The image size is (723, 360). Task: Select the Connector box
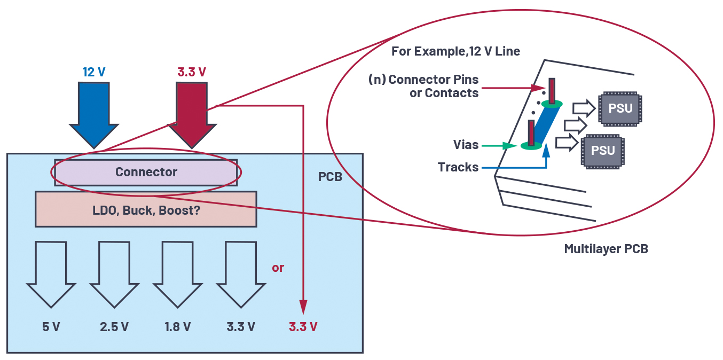[x=146, y=172]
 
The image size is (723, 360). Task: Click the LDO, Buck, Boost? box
[x=146, y=209]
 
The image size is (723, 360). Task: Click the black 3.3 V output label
[x=240, y=326]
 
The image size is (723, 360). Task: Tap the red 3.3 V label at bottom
[x=303, y=326]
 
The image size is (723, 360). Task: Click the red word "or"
[x=278, y=268]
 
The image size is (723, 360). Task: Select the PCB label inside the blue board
[x=330, y=177]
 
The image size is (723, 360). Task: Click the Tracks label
[x=458, y=167]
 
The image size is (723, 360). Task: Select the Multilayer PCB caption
[x=606, y=248]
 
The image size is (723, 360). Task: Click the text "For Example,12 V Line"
[x=455, y=51]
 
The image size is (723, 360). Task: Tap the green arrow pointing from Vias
[x=494, y=145]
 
